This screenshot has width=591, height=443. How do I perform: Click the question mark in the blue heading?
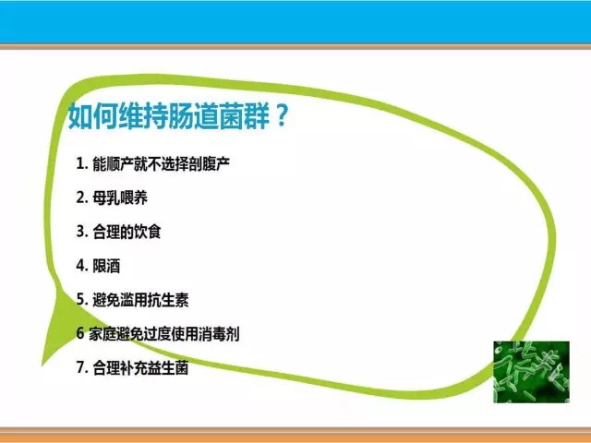click(x=282, y=115)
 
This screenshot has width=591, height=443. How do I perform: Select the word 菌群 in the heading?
click(x=244, y=116)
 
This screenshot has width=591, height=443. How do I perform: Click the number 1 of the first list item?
click(x=80, y=163)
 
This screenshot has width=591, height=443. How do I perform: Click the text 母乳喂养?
click(x=120, y=198)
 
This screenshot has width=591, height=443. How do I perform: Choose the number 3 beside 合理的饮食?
click(x=80, y=232)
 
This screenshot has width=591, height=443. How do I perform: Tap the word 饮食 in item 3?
click(x=148, y=232)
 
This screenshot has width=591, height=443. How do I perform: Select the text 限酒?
click(x=106, y=266)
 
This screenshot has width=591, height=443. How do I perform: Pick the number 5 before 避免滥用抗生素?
click(x=80, y=299)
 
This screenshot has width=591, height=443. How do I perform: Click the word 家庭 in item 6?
click(x=103, y=334)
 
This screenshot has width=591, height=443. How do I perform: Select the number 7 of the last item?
click(x=80, y=367)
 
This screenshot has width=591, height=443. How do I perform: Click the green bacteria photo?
click(x=532, y=372)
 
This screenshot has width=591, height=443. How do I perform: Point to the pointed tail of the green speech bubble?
click(x=42, y=365)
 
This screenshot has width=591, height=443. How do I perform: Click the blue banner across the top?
click(x=295, y=22)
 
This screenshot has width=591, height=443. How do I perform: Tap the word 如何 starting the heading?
click(x=92, y=116)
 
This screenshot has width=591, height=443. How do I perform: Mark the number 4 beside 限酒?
click(x=80, y=266)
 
